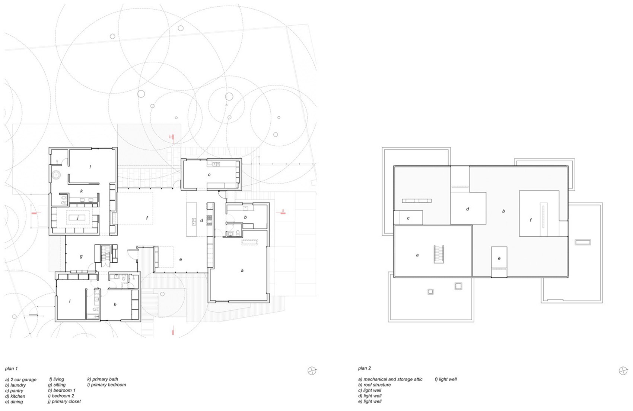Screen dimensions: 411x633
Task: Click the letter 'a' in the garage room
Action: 242,271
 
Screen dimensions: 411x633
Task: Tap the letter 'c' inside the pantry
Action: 209,175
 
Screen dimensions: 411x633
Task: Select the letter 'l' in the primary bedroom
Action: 90,167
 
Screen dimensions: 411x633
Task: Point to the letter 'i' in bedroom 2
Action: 70,301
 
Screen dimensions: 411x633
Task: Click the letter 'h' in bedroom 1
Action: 115,304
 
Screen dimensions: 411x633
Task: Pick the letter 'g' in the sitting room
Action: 81,256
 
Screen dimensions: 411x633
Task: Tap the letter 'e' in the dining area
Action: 181,259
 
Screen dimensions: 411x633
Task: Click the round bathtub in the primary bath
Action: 56,174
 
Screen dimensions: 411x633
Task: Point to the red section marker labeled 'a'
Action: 283,211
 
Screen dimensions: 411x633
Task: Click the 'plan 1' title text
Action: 11,369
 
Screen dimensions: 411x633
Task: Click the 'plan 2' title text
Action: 364,368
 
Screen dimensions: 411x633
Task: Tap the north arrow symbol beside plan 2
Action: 623,370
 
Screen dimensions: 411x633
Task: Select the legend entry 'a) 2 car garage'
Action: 21,380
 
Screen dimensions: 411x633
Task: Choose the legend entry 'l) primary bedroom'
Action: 106,385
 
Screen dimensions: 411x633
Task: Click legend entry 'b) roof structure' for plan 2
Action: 374,385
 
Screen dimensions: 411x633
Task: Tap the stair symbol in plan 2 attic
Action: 439,255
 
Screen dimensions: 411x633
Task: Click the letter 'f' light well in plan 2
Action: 531,220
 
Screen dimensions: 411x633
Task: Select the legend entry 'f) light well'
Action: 445,379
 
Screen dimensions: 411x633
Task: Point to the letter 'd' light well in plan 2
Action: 468,209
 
